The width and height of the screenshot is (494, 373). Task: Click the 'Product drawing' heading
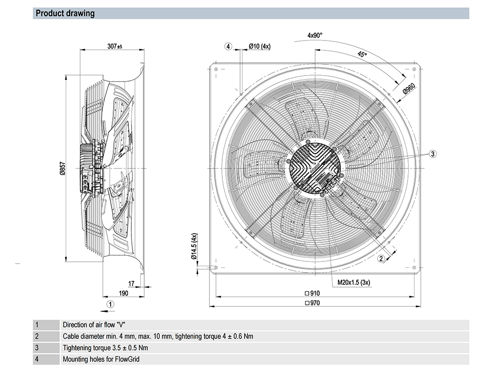point(65,13)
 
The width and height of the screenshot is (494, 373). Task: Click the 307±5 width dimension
point(115,46)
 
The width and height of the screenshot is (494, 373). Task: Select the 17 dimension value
point(131,283)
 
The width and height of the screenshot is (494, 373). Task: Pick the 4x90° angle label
point(315,36)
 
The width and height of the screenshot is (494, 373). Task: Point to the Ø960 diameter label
point(408,89)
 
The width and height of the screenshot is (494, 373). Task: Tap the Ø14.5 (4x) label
point(195,246)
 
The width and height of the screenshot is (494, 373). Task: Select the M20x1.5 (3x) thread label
point(354,283)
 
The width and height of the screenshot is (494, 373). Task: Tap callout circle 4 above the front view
point(228,46)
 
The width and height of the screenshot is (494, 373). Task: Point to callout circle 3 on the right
point(432,154)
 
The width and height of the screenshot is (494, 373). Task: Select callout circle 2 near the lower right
point(381,258)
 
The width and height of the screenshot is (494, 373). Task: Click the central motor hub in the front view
point(314,168)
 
